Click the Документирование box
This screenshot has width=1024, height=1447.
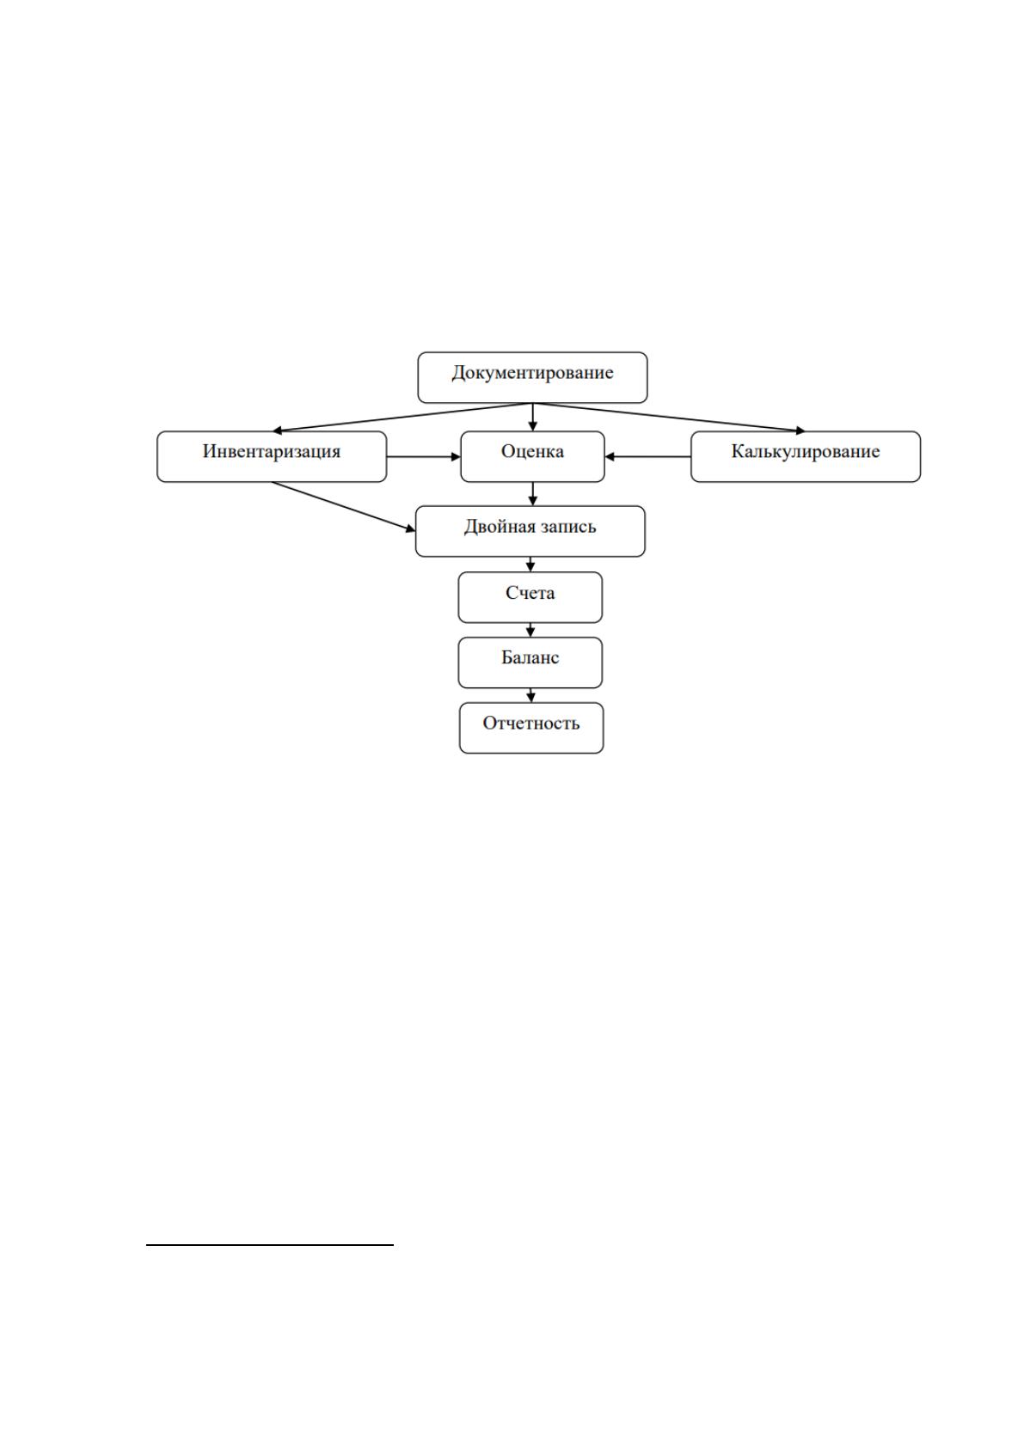532,377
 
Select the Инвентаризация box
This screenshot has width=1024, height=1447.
272,457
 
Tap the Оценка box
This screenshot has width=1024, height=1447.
532,457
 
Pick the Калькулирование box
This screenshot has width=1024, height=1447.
806,457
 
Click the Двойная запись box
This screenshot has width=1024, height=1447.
530,531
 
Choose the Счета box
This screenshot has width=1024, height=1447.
530,597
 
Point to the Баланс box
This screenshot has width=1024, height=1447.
530,662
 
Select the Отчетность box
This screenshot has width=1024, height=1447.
531,728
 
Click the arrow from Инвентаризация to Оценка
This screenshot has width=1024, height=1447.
423,457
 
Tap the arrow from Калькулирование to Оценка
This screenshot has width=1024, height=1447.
647,457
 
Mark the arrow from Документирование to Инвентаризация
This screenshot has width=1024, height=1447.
402,418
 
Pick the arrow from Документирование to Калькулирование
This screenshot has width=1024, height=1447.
669,418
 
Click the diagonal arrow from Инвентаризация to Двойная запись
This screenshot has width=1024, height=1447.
343,506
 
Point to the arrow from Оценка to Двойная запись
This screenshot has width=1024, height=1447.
532,494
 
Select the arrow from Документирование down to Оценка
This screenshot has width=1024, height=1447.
532,418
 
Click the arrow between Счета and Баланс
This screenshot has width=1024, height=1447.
530,631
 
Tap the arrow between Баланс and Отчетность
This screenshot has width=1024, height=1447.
530,696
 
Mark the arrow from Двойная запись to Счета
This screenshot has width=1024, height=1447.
530,565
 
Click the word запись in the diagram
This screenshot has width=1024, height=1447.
568,527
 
